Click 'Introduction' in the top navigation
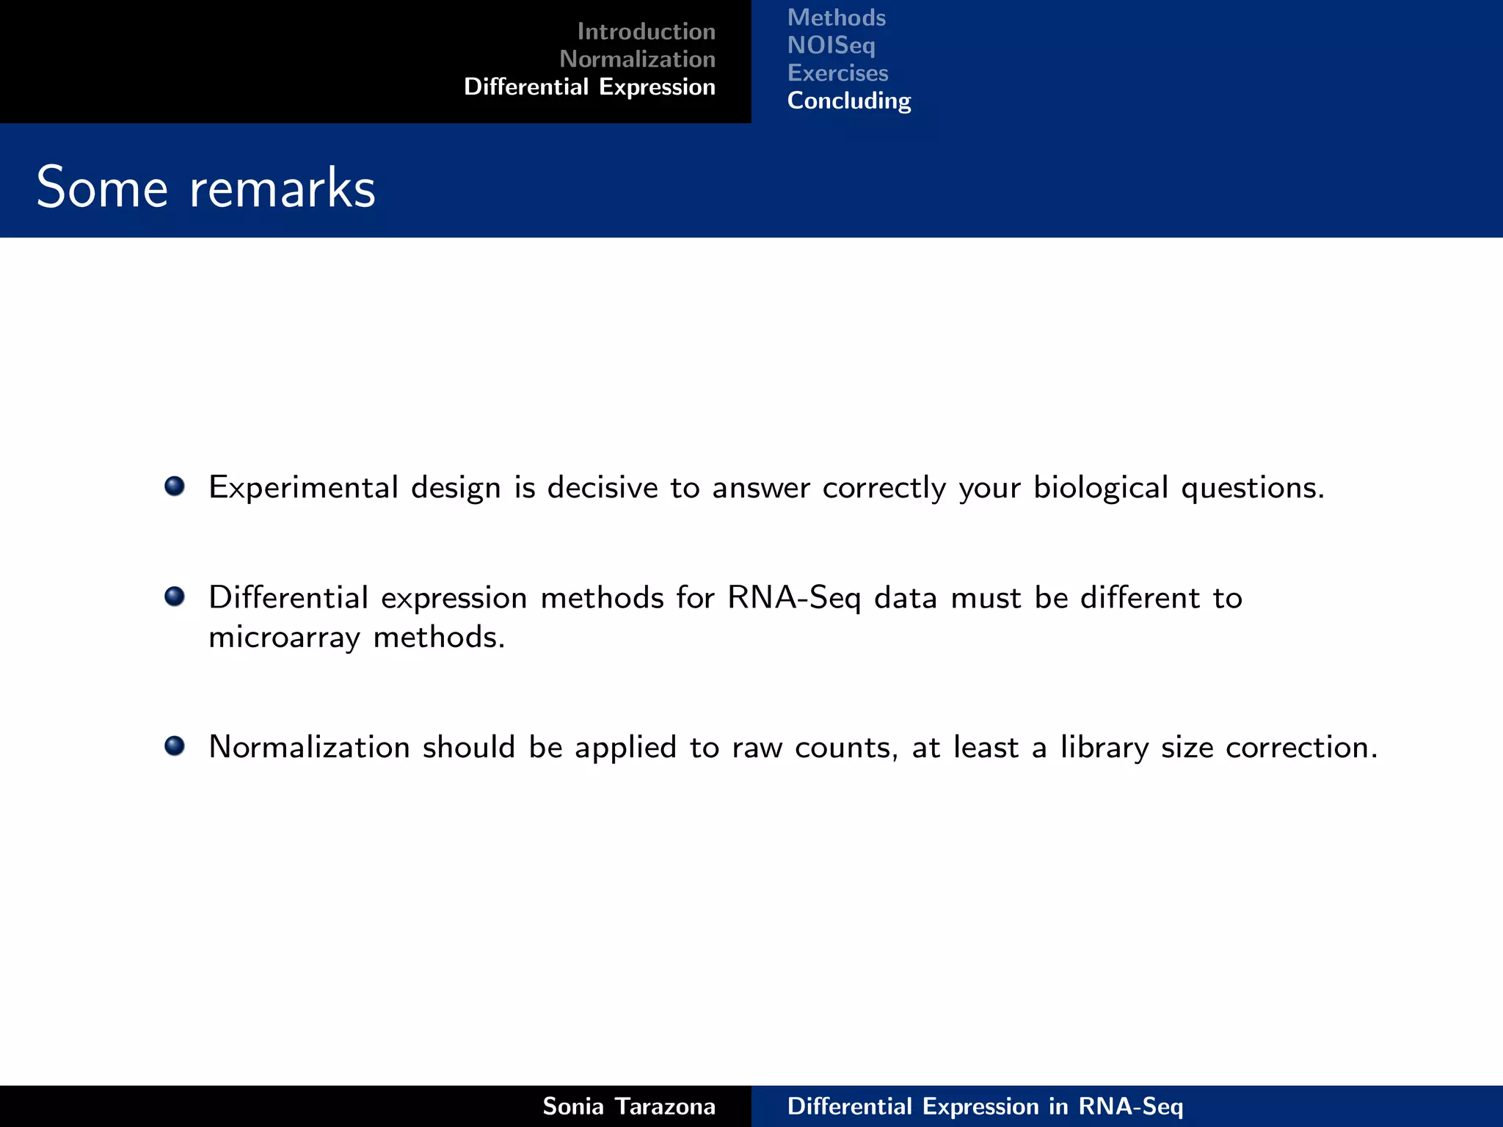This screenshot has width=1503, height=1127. pos(646,32)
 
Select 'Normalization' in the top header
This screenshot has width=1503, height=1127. pos(637,59)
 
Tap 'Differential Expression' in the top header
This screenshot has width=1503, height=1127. pos(589,87)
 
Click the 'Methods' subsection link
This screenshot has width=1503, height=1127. pos(836,18)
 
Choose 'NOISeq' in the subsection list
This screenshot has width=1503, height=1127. pos(831,45)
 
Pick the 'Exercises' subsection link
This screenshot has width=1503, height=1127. pos(837,73)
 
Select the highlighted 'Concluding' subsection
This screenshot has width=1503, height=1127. pos(848,101)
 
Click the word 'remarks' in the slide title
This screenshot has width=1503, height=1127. pos(283,188)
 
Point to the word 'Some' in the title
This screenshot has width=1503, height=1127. pos(102,188)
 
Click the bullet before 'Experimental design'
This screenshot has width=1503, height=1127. pos(175,486)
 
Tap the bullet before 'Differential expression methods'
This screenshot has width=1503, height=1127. pos(175,596)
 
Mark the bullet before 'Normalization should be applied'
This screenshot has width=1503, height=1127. pos(175,745)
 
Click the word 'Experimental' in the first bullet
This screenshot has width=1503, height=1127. pos(303,488)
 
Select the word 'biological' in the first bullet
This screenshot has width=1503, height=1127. pos(1100,488)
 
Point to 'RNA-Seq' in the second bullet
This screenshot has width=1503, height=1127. pos(794,598)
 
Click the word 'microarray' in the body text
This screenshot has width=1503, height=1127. pos(284,637)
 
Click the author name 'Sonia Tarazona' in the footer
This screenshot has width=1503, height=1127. pos(628,1106)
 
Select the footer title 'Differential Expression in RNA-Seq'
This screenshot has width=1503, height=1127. pos(985,1106)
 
